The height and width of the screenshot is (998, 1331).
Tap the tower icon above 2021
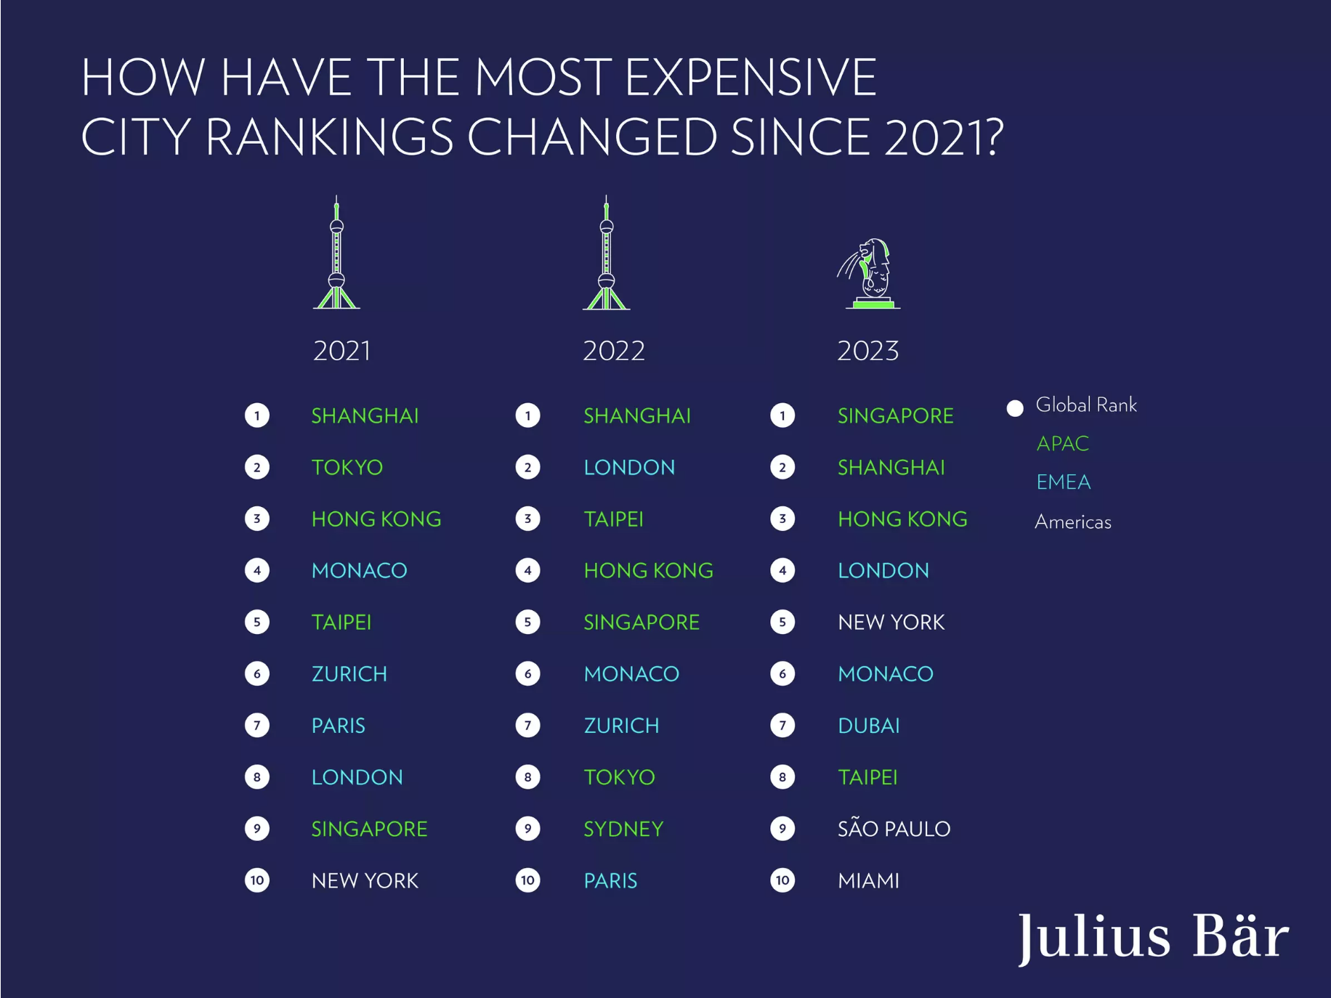[336, 254]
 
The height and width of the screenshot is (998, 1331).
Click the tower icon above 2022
[607, 254]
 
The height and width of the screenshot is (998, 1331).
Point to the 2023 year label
[867, 351]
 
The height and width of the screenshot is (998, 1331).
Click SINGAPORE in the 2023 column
[895, 415]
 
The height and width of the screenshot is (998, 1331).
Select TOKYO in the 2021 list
[347, 467]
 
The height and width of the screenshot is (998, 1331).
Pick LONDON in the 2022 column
[629, 467]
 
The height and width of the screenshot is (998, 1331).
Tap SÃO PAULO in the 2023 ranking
[894, 829]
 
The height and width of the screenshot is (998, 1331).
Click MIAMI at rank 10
[868, 880]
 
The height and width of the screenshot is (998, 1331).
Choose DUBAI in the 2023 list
[868, 726]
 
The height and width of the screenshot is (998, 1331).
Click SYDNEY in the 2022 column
[623, 829]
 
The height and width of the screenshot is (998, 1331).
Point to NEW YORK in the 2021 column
[365, 880]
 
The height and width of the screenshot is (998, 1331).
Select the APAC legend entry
[1062, 443]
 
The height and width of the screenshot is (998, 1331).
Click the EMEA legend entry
[1063, 482]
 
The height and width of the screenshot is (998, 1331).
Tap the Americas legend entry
[1072, 522]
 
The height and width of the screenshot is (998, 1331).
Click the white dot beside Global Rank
[1015, 407]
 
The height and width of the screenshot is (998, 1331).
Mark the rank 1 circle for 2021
[257, 415]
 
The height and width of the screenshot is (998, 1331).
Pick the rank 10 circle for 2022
[527, 880]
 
